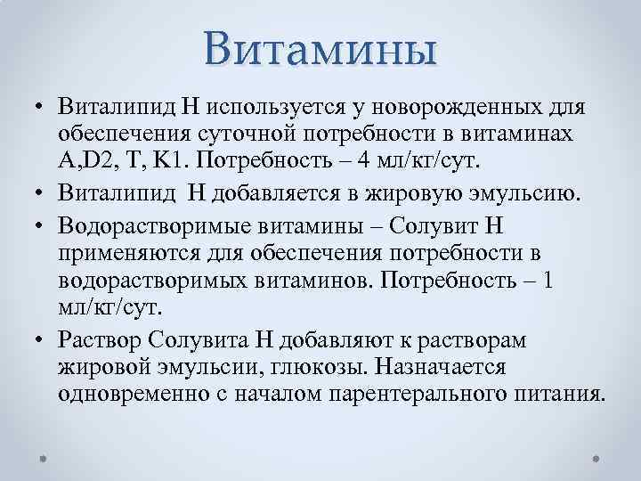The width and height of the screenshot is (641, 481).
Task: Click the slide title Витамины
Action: click(320, 47)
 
